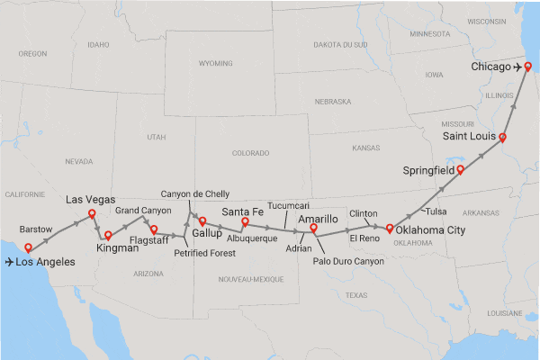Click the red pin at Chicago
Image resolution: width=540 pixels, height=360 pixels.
[529, 66]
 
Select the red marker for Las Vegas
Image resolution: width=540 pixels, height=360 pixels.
[91, 214]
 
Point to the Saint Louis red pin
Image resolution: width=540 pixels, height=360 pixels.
[503, 137]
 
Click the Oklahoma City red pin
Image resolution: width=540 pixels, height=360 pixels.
[390, 229]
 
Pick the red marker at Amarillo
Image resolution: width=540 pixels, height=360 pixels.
[313, 228]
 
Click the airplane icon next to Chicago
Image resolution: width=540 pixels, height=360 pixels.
[516, 67]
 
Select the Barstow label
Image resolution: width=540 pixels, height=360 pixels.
[36, 229]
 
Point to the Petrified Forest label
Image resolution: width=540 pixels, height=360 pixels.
[198, 253]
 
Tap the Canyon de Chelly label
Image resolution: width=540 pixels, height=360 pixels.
[194, 193]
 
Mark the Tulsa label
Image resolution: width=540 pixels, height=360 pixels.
[436, 211]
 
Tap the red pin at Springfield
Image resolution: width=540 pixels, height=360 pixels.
[460, 169]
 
